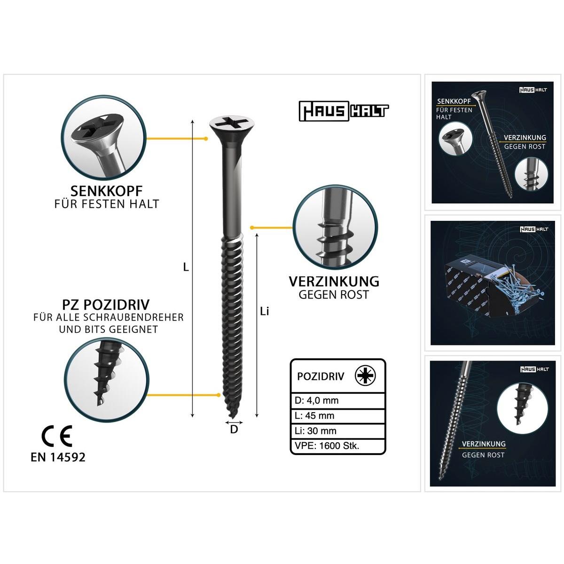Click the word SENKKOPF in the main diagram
coord(107,191)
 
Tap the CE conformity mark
coord(57,436)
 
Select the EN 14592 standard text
coord(58,457)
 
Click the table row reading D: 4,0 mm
coord(337,401)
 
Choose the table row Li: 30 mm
coord(337,431)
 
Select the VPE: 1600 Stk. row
coord(337,446)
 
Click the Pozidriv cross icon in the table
coord(365,376)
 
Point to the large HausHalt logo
coord(344,111)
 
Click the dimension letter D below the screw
coord(234,430)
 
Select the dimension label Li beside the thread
coord(264,312)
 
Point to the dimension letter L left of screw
coord(186,267)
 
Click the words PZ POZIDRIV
coord(106,305)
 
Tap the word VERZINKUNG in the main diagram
coord(334,282)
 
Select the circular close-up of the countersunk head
coord(103,137)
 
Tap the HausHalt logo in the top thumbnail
coord(533,90)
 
